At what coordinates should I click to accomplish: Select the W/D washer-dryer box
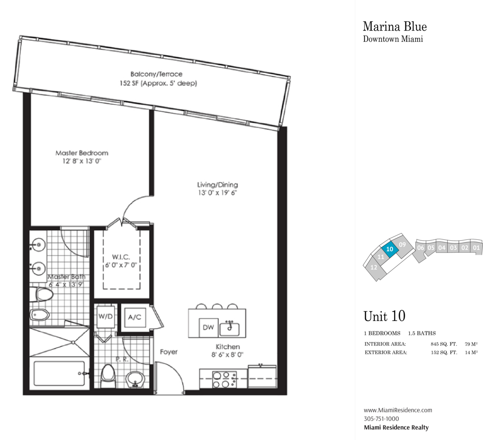[106, 317]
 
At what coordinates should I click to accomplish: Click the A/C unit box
[135, 317]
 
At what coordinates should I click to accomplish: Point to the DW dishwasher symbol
[209, 327]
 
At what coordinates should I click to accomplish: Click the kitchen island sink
[229, 329]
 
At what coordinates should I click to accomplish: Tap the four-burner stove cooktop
[224, 379]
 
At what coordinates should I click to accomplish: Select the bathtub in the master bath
[60, 374]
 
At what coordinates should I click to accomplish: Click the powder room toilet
[108, 376]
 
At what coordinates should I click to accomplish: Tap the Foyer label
[169, 352]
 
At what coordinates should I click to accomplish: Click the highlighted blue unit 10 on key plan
[390, 249]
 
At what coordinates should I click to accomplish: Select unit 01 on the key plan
[476, 248]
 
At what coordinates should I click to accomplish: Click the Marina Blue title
[395, 26]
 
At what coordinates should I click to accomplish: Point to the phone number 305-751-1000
[381, 419]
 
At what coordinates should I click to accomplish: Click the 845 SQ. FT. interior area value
[444, 344]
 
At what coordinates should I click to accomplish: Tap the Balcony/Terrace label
[157, 74]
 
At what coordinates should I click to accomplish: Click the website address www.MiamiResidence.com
[398, 410]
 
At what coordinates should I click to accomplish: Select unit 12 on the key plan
[373, 267]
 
